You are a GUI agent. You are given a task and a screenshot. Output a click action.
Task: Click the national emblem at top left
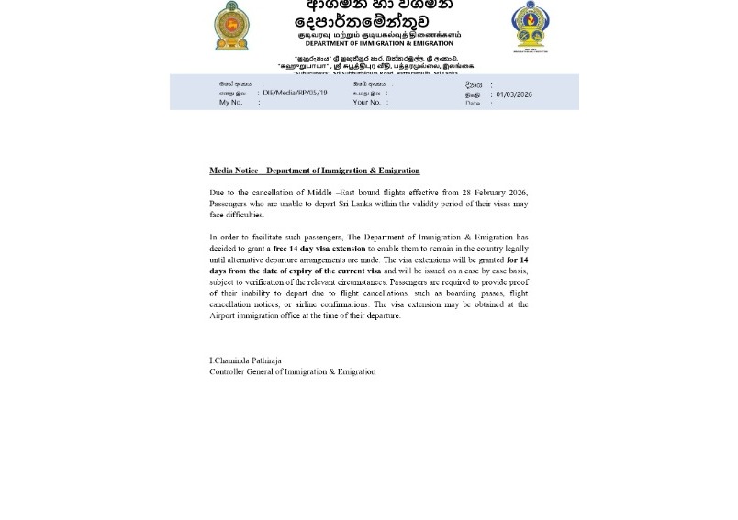pos(231,25)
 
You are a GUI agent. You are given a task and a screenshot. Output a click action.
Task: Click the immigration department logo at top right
pos(531,27)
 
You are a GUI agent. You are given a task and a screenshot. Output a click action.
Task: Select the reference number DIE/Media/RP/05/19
pos(295,93)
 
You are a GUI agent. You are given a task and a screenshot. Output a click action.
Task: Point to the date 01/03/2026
pos(514,94)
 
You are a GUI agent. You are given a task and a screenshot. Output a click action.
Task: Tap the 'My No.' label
pos(230,102)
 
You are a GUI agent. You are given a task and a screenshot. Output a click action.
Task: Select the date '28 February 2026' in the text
pos(495,193)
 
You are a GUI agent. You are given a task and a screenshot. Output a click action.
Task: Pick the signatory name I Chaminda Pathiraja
pos(245,360)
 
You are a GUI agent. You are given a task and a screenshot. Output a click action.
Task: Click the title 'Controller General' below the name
pos(243,371)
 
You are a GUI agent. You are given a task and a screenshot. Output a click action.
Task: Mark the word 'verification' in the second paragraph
pos(265,282)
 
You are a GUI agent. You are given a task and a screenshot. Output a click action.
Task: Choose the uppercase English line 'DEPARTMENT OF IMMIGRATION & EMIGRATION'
pos(379,43)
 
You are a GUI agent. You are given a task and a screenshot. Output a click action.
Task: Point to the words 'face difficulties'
pos(237,215)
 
